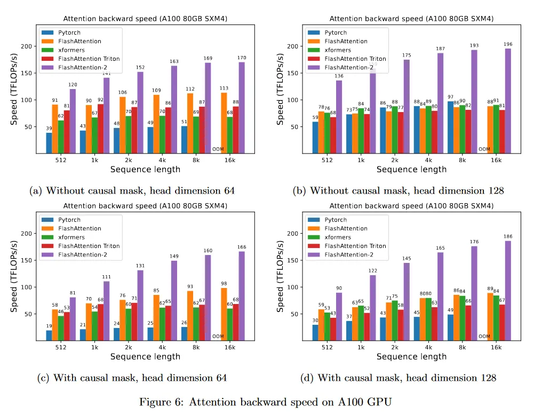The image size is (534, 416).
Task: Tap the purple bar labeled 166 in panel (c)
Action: (x=242, y=296)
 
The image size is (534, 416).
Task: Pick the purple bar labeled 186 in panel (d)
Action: (x=507, y=291)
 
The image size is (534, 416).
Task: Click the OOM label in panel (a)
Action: (x=218, y=149)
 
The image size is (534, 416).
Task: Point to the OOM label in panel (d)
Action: (x=484, y=337)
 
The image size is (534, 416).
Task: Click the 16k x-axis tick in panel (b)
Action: (x=496, y=160)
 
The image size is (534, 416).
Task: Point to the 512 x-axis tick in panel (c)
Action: (x=60, y=347)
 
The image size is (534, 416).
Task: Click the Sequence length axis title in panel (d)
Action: (x=411, y=356)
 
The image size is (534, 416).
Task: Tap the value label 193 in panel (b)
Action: (x=473, y=45)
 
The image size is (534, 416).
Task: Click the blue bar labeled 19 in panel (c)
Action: (x=49, y=335)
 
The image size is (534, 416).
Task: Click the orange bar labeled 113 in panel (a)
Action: (x=224, y=123)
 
